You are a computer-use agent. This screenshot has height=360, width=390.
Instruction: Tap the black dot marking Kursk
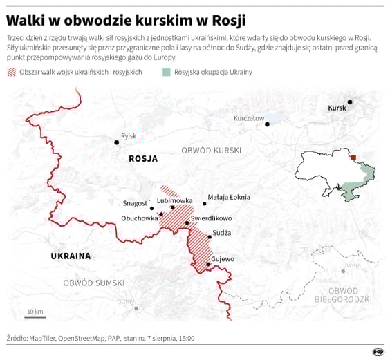tap(350, 102)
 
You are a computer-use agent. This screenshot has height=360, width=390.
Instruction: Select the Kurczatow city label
tap(249, 118)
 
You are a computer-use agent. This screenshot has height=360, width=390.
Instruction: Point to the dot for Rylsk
tap(117, 142)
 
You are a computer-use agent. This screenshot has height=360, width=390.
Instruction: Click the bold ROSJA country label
tap(143, 159)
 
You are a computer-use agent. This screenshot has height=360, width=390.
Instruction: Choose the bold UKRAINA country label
tap(71, 256)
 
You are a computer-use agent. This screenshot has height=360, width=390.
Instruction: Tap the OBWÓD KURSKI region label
tap(211, 150)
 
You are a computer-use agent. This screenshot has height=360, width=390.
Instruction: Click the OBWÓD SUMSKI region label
tap(93, 283)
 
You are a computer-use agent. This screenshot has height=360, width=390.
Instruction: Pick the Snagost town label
tap(135, 203)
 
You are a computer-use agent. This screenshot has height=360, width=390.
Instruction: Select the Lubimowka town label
tap(175, 200)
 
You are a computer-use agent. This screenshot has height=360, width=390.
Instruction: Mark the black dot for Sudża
tap(208, 236)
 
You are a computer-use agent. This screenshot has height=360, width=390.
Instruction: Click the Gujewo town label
tap(223, 259)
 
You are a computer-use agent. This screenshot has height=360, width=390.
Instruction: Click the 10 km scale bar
tap(35, 317)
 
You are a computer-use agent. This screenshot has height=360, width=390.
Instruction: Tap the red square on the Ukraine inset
tap(353, 158)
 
